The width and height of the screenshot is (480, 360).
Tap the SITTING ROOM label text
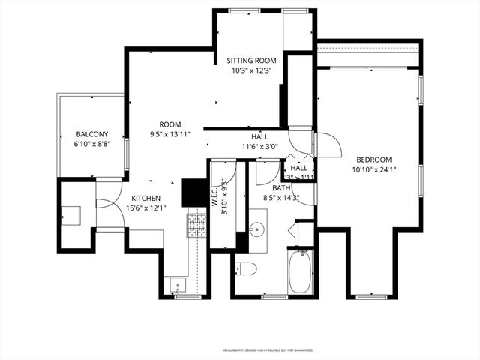252,60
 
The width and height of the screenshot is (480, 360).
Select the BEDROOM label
373,159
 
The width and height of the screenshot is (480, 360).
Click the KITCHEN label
142,198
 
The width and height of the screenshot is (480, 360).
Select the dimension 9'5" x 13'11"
169,134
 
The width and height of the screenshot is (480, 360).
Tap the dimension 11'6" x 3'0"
259,147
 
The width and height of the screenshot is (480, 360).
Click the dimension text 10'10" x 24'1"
373,169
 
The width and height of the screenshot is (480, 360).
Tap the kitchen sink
177,284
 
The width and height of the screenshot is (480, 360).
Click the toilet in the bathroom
247,268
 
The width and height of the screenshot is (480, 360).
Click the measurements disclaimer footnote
267,350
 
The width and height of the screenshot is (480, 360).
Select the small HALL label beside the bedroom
299,169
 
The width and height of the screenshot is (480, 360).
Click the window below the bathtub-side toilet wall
274,297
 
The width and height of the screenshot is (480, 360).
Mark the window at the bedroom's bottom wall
370,297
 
